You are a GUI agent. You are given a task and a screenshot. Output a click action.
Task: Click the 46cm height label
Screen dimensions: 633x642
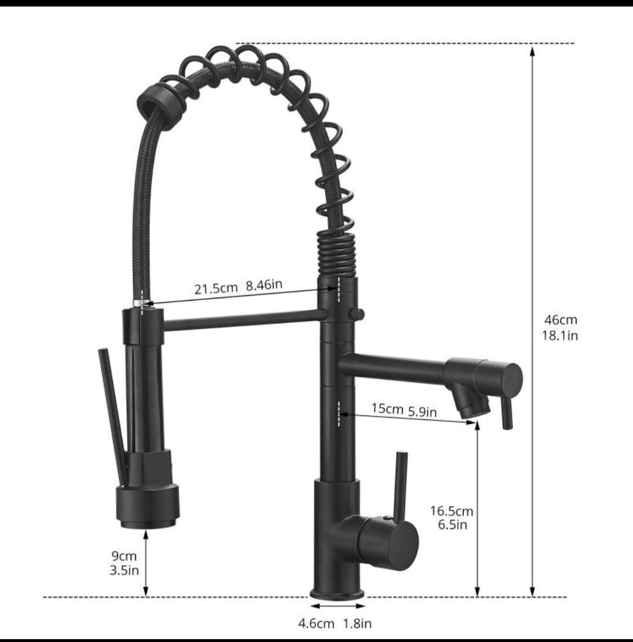point(560,319)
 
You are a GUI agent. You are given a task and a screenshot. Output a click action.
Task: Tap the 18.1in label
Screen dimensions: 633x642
point(560,336)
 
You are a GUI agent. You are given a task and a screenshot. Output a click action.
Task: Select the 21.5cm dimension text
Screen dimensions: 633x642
point(216,288)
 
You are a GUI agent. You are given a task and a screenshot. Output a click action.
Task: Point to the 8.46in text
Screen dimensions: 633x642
point(264,284)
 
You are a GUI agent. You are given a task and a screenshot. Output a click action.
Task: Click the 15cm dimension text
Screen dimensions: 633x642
point(387,408)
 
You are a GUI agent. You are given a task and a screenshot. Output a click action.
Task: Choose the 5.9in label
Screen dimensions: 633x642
point(422,411)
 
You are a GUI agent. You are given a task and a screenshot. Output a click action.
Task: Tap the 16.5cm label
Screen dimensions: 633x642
point(451,511)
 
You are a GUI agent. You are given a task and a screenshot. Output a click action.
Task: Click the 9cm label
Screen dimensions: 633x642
point(124,556)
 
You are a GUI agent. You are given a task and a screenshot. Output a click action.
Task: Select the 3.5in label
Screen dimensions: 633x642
point(124,570)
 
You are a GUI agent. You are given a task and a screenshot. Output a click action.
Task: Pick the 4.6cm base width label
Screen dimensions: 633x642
point(316,624)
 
